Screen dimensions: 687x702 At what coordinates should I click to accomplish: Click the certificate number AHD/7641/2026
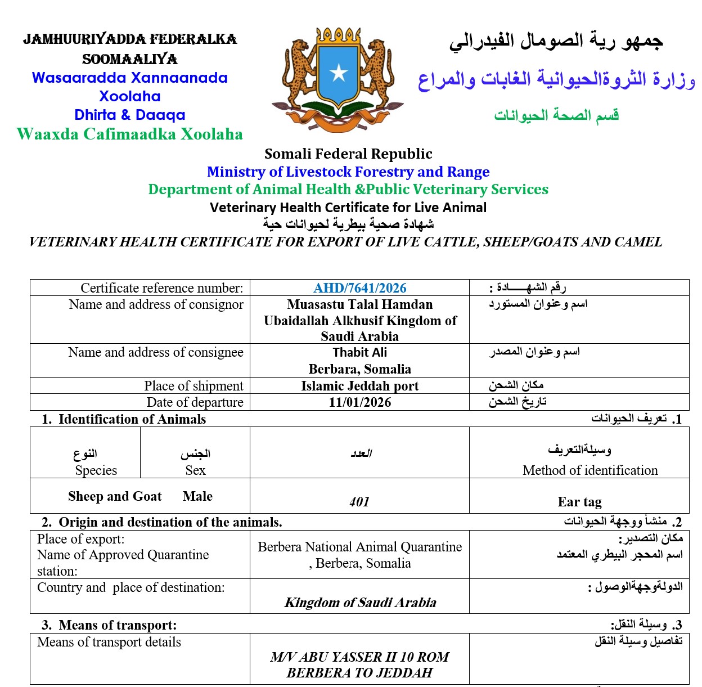[359, 288]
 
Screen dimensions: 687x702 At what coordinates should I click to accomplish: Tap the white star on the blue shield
[339, 72]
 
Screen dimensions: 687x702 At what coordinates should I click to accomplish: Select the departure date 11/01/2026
[359, 402]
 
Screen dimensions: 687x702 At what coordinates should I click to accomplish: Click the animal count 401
[359, 501]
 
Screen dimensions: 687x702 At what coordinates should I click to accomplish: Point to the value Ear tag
[579, 501]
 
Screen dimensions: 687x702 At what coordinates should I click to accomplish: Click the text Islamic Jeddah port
[359, 386]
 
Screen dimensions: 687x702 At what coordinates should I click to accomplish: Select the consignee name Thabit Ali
[359, 353]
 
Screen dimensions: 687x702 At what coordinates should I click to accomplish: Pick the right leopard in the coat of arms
[375, 70]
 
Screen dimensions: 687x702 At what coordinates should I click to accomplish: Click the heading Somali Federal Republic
[348, 154]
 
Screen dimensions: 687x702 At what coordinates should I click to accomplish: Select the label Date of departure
[195, 402]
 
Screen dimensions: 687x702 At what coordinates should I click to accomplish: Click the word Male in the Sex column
[197, 496]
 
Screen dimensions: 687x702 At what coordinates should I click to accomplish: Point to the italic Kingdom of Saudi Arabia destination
[360, 603]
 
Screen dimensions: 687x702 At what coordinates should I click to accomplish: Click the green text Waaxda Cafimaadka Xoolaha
[130, 134]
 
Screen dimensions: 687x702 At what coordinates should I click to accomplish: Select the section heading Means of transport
[117, 625]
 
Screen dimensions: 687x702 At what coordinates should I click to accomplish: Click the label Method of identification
[590, 470]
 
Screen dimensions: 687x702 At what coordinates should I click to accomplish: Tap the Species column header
[96, 470]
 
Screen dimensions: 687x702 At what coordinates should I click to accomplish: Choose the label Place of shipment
[193, 386]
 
